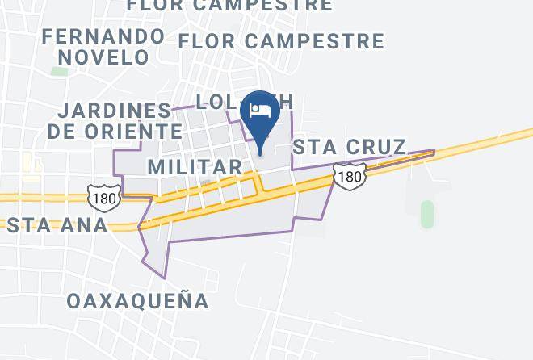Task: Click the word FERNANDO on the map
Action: click(x=103, y=36)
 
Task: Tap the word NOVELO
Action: click(x=103, y=57)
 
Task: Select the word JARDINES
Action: click(x=114, y=110)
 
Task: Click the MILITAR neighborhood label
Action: click(x=195, y=167)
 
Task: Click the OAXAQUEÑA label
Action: click(x=138, y=301)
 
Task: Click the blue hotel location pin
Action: click(x=260, y=118)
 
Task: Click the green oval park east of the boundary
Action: click(x=427, y=214)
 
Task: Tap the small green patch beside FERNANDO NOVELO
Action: click(x=59, y=71)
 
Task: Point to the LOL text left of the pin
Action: click(x=216, y=102)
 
